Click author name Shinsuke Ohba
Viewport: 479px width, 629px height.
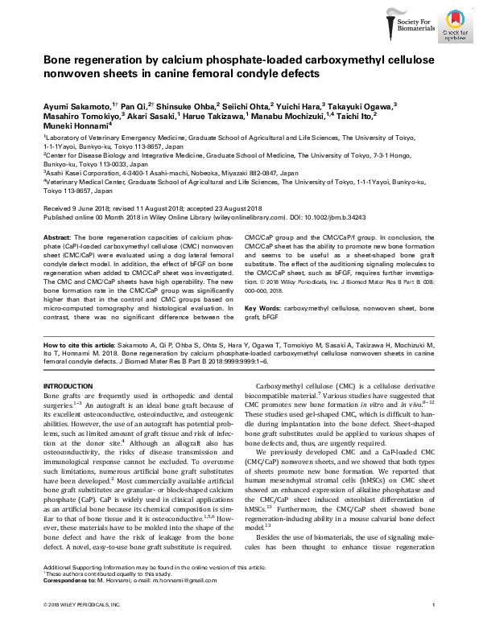point(172,105)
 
